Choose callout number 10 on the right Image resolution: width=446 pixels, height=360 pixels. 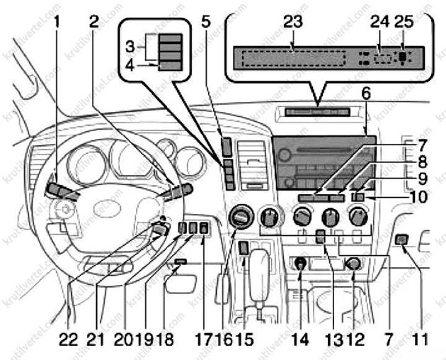[418, 196]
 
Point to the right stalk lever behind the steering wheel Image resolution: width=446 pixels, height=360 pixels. [177, 191]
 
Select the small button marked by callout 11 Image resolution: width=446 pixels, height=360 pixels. [402, 241]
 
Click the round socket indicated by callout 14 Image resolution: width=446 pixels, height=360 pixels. [300, 264]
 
